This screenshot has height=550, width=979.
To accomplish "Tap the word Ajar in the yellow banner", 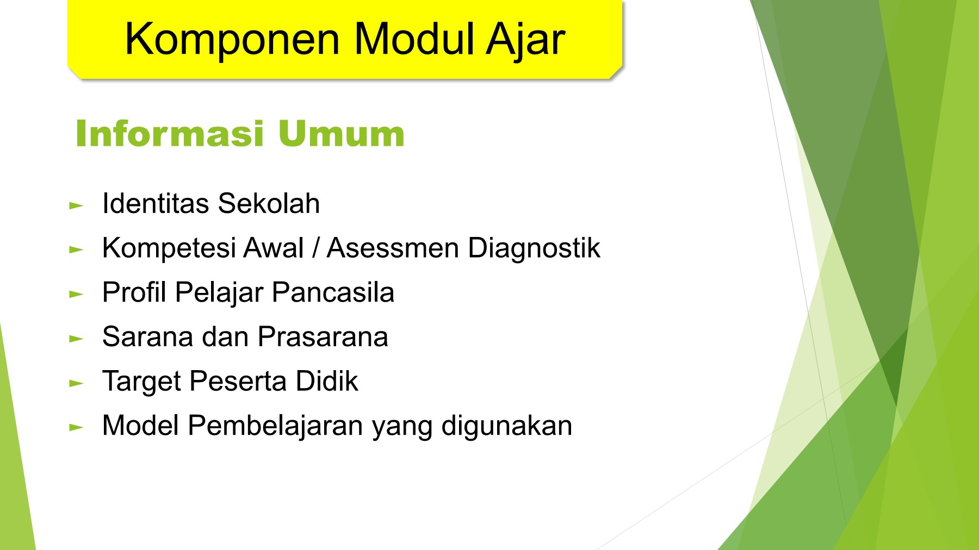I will pyautogui.click(x=525, y=39).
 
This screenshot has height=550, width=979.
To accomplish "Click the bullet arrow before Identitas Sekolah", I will pyautogui.click(x=76, y=206).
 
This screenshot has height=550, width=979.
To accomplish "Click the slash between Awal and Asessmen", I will pyautogui.click(x=315, y=248).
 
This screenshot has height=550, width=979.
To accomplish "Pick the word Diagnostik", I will pyautogui.click(x=534, y=248).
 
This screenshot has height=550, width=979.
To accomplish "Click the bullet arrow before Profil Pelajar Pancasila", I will pyautogui.click(x=76, y=295).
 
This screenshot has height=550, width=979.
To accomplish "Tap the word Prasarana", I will pyautogui.click(x=323, y=337).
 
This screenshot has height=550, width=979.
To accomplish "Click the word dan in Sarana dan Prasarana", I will pyautogui.click(x=225, y=337).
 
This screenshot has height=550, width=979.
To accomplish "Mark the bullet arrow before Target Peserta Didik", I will pyautogui.click(x=76, y=384).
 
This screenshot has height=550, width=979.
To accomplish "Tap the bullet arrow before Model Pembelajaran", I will pyautogui.click(x=76, y=428).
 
